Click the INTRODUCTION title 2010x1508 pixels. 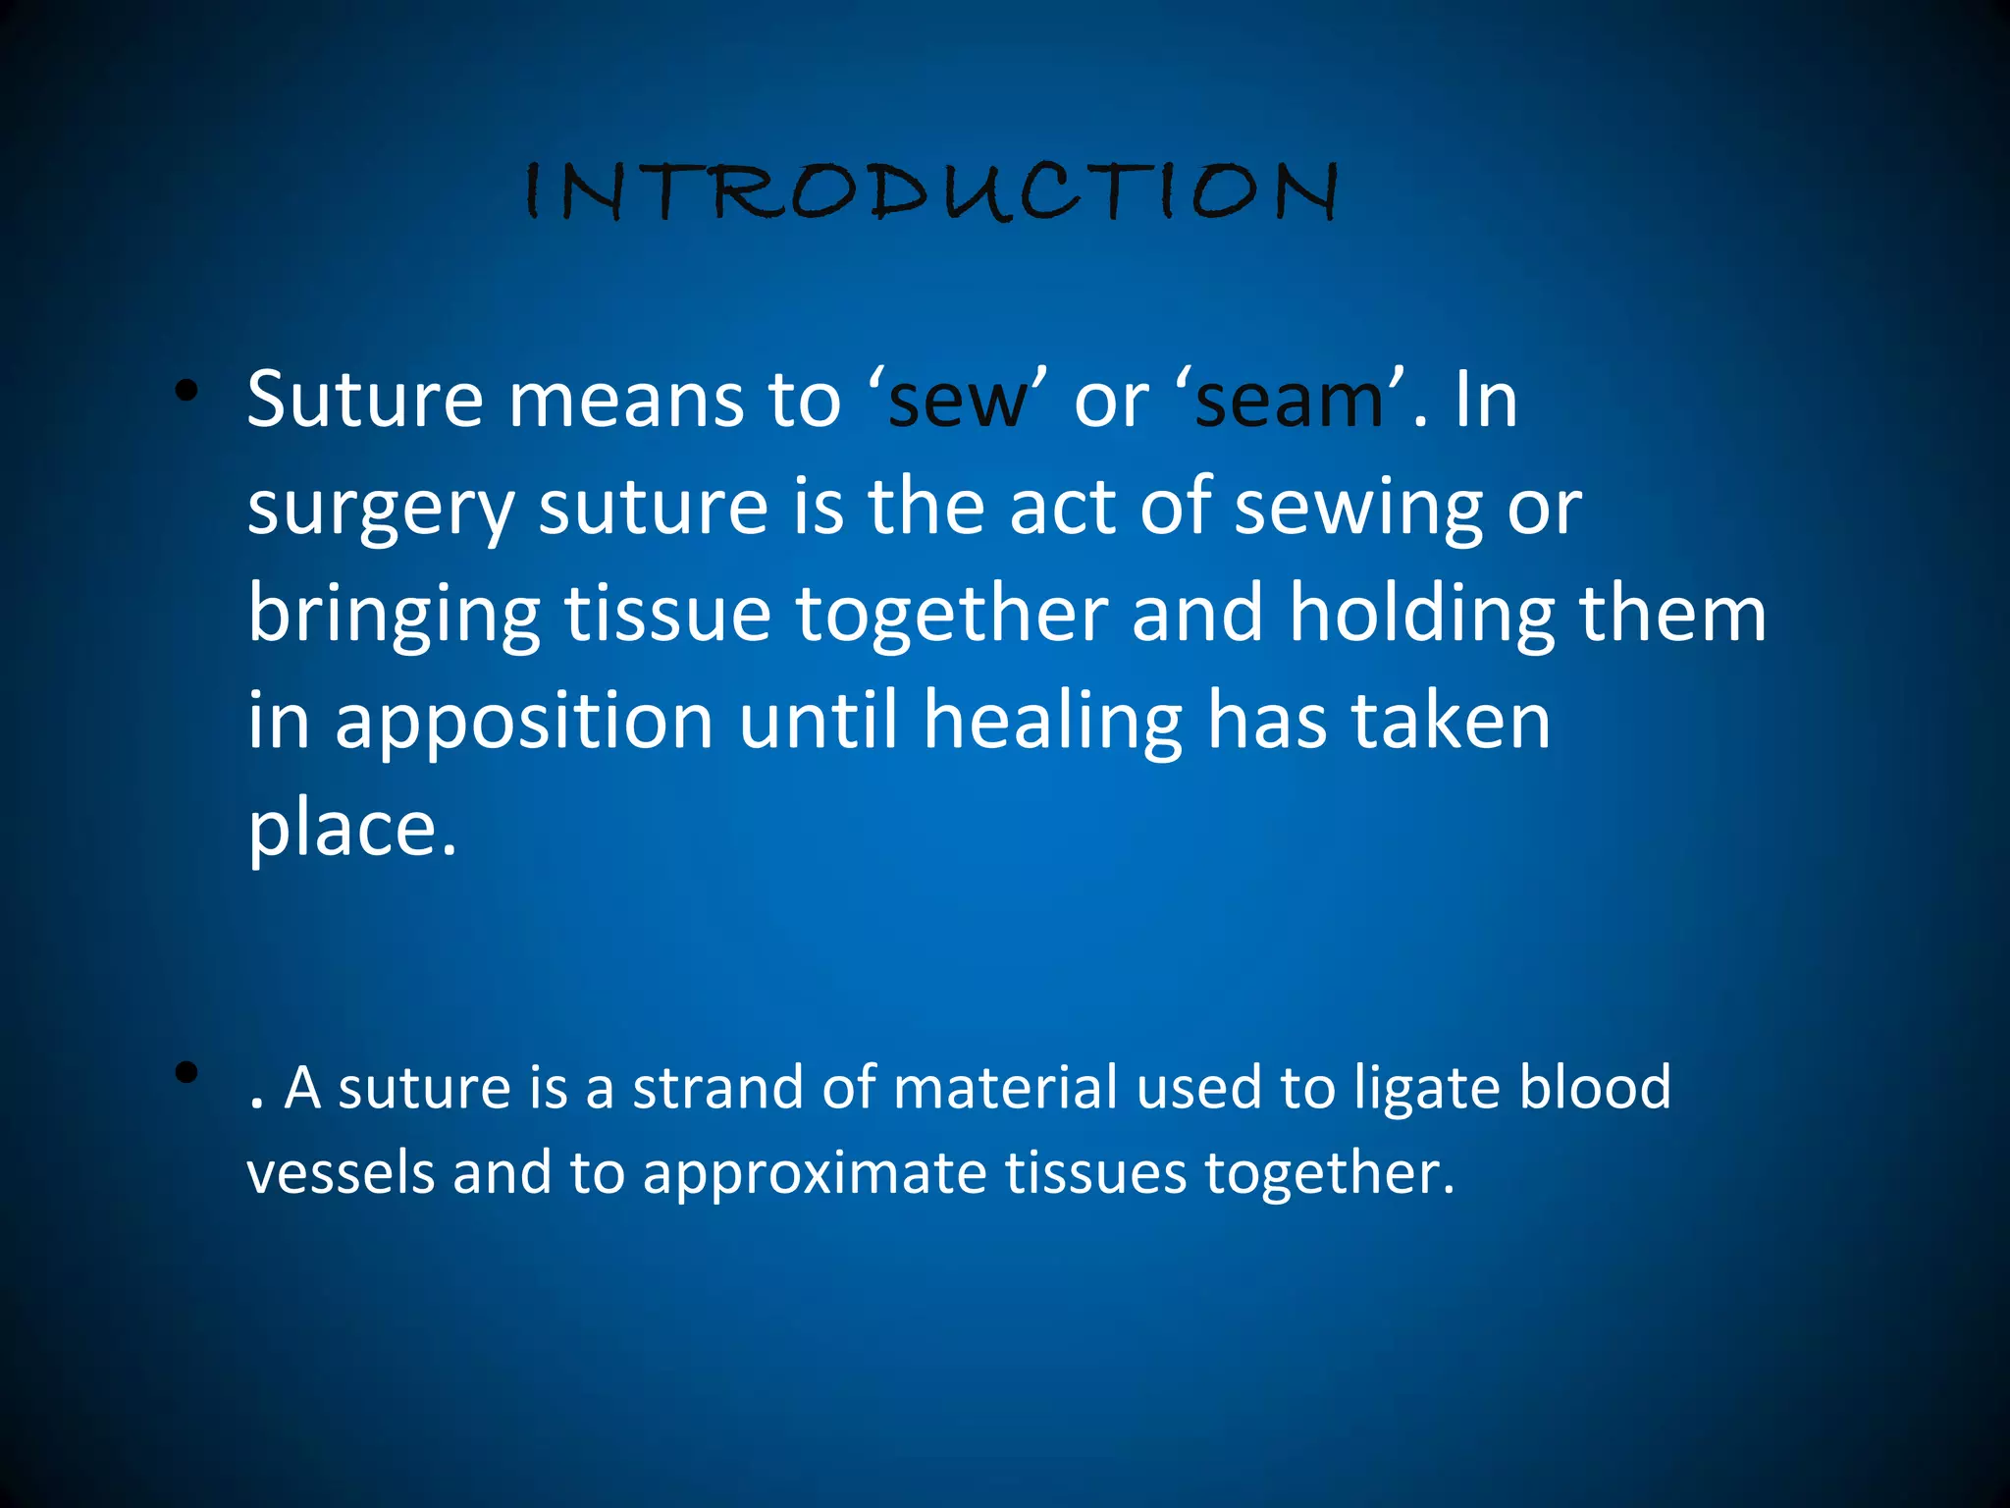[930, 190]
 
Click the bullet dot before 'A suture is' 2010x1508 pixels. [186, 1072]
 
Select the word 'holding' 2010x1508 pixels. [1421, 615]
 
